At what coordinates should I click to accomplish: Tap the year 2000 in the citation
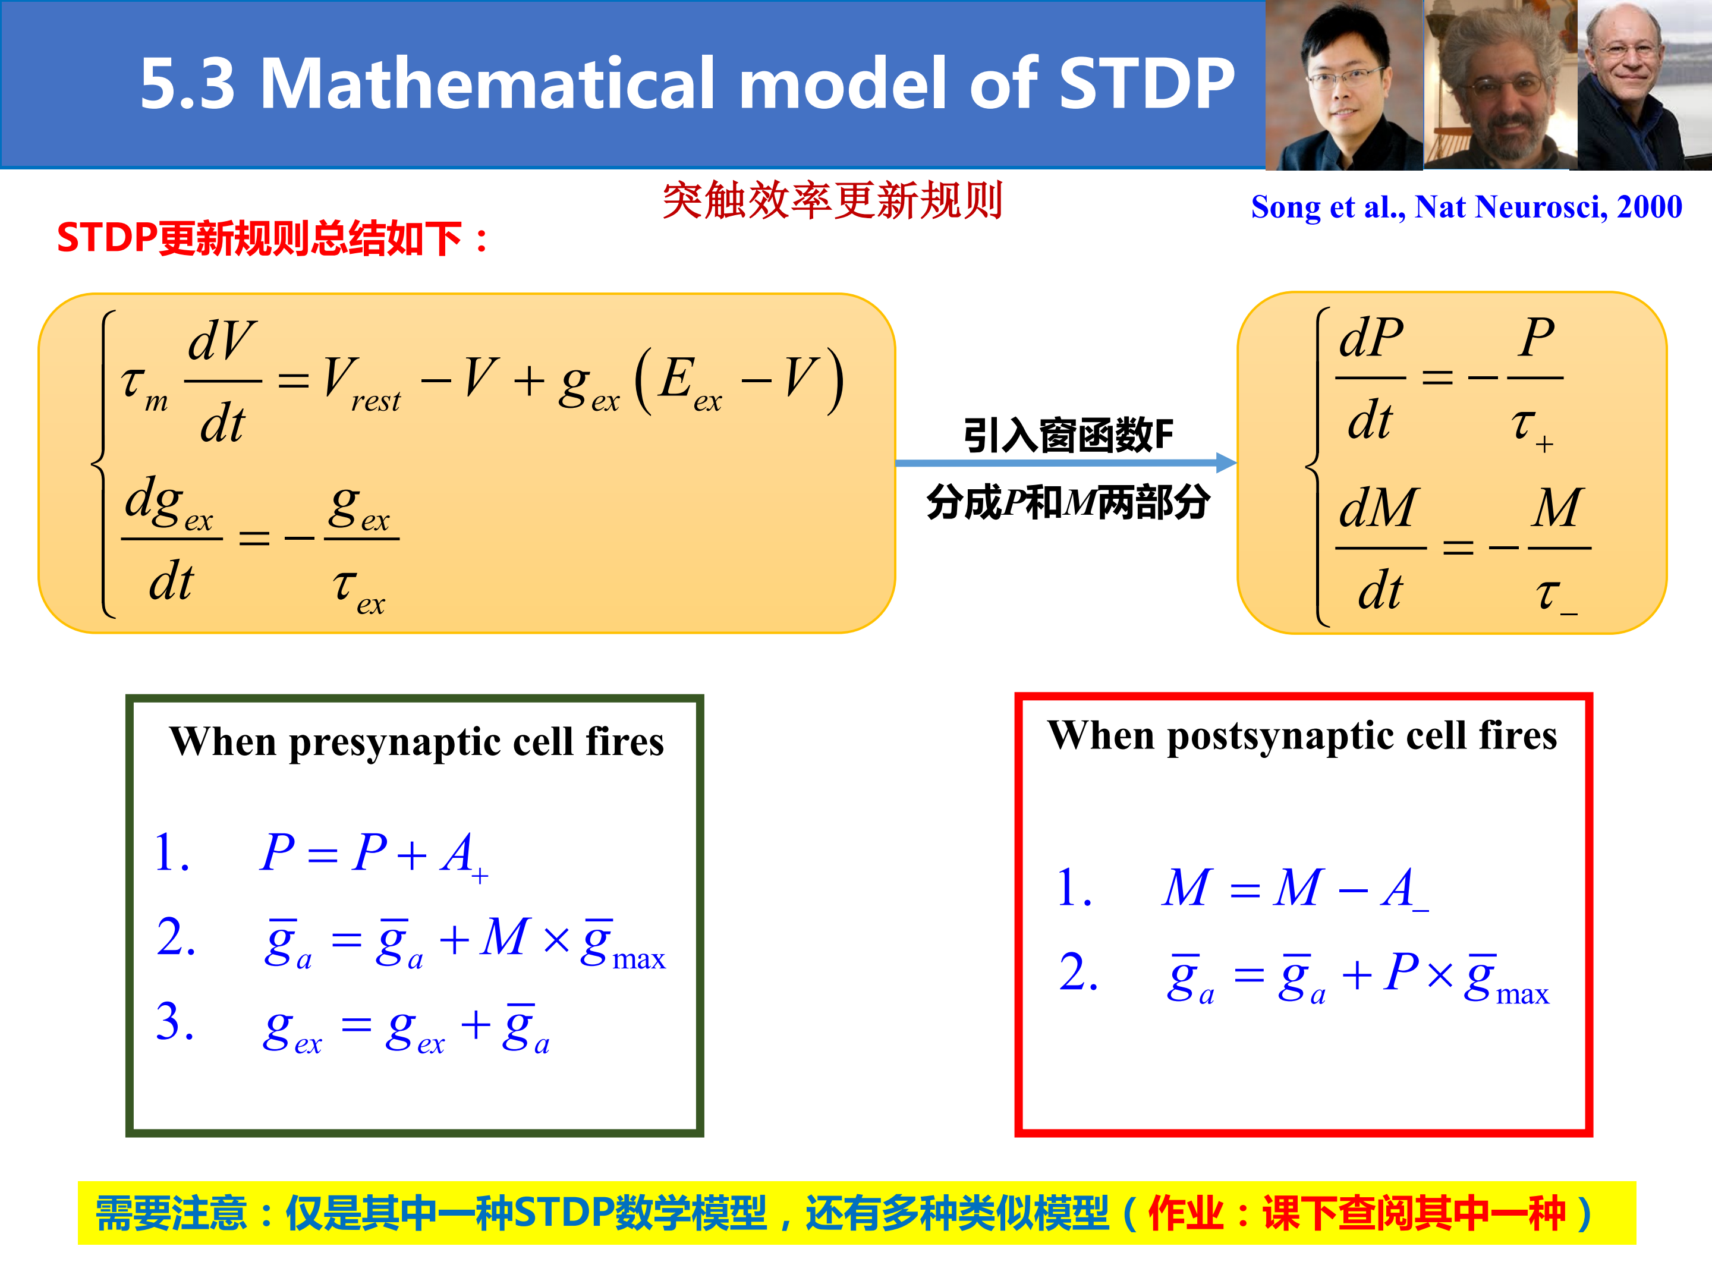(x=1648, y=207)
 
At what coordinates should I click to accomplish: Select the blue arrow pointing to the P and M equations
(x=1066, y=463)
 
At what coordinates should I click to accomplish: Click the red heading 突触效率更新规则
(x=833, y=200)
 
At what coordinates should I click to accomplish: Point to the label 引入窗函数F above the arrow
(x=1068, y=435)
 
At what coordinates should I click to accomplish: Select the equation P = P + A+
(x=374, y=854)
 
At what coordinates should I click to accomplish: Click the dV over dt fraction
(x=222, y=382)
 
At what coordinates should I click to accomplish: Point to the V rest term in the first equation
(x=361, y=385)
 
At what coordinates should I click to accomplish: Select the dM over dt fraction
(x=1380, y=548)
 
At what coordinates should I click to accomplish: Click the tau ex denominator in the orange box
(x=359, y=590)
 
